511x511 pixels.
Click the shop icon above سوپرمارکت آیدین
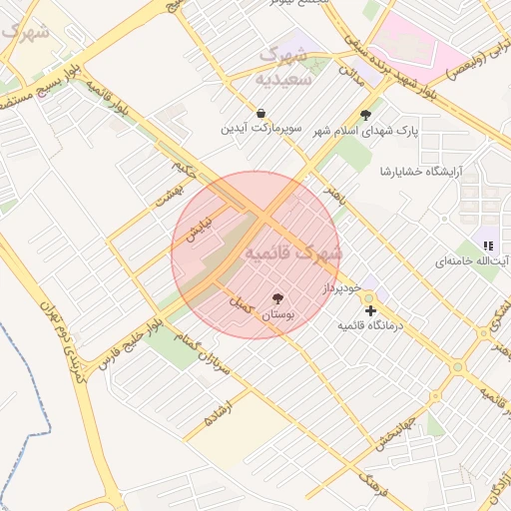tap(260, 114)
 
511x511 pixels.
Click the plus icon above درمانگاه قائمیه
tap(371, 311)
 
